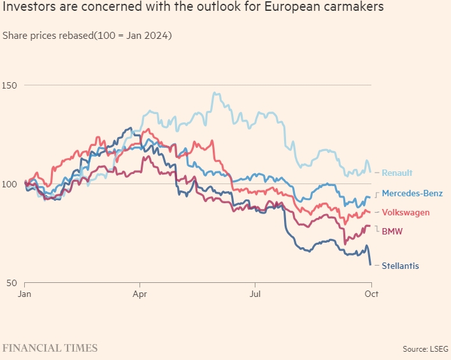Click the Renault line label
397,173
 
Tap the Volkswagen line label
405,212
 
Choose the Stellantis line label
400,266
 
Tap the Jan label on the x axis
25,294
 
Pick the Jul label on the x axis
255,294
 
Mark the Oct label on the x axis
371,294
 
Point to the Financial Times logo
50,348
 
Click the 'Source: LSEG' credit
426,349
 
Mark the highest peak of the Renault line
215,93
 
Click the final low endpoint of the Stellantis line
371,264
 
